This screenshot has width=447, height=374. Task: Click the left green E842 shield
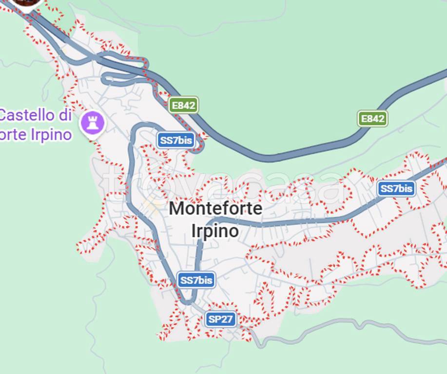pyautogui.click(x=184, y=105)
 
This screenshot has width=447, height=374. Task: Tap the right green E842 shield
pyautogui.click(x=372, y=118)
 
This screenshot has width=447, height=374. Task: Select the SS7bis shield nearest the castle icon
pyautogui.click(x=176, y=141)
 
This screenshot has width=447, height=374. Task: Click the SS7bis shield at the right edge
pyautogui.click(x=396, y=188)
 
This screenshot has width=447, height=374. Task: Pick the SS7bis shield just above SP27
pyautogui.click(x=196, y=280)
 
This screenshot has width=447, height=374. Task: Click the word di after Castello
pyautogui.click(x=64, y=115)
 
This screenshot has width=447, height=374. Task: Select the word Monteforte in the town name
pyautogui.click(x=215, y=209)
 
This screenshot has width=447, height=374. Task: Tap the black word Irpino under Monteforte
pyautogui.click(x=215, y=231)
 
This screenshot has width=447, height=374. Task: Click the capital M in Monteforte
pyautogui.click(x=176, y=209)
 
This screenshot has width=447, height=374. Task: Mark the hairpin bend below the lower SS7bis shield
pyautogui.click(x=187, y=301)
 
